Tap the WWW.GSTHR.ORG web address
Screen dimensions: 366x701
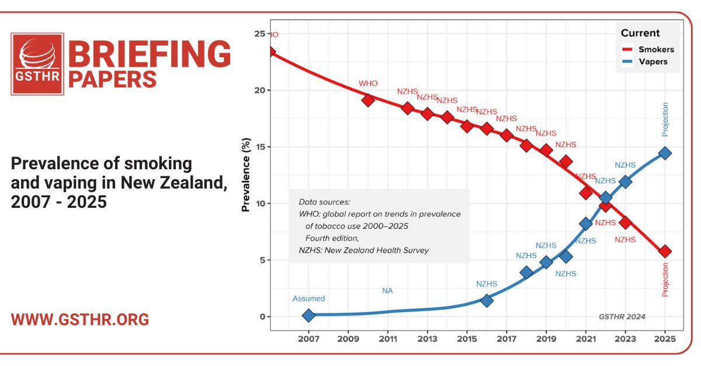click(x=80, y=320)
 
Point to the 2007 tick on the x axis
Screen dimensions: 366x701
click(x=308, y=339)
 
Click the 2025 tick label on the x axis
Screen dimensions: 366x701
click(x=665, y=339)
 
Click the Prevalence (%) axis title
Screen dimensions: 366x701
click(x=246, y=175)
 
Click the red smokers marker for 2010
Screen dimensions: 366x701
click(x=368, y=100)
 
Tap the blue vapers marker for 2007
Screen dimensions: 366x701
click(x=308, y=315)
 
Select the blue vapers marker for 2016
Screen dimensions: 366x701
click(x=487, y=300)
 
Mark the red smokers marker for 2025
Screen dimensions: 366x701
click(x=665, y=251)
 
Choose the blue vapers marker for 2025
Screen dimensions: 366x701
click(x=665, y=153)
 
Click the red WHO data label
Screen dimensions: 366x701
click(x=368, y=83)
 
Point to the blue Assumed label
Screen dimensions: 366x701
click(x=308, y=299)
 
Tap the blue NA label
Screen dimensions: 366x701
click(x=387, y=290)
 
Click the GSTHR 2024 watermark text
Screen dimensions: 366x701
click(x=622, y=316)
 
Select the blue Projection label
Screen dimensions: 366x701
click(x=665, y=120)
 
